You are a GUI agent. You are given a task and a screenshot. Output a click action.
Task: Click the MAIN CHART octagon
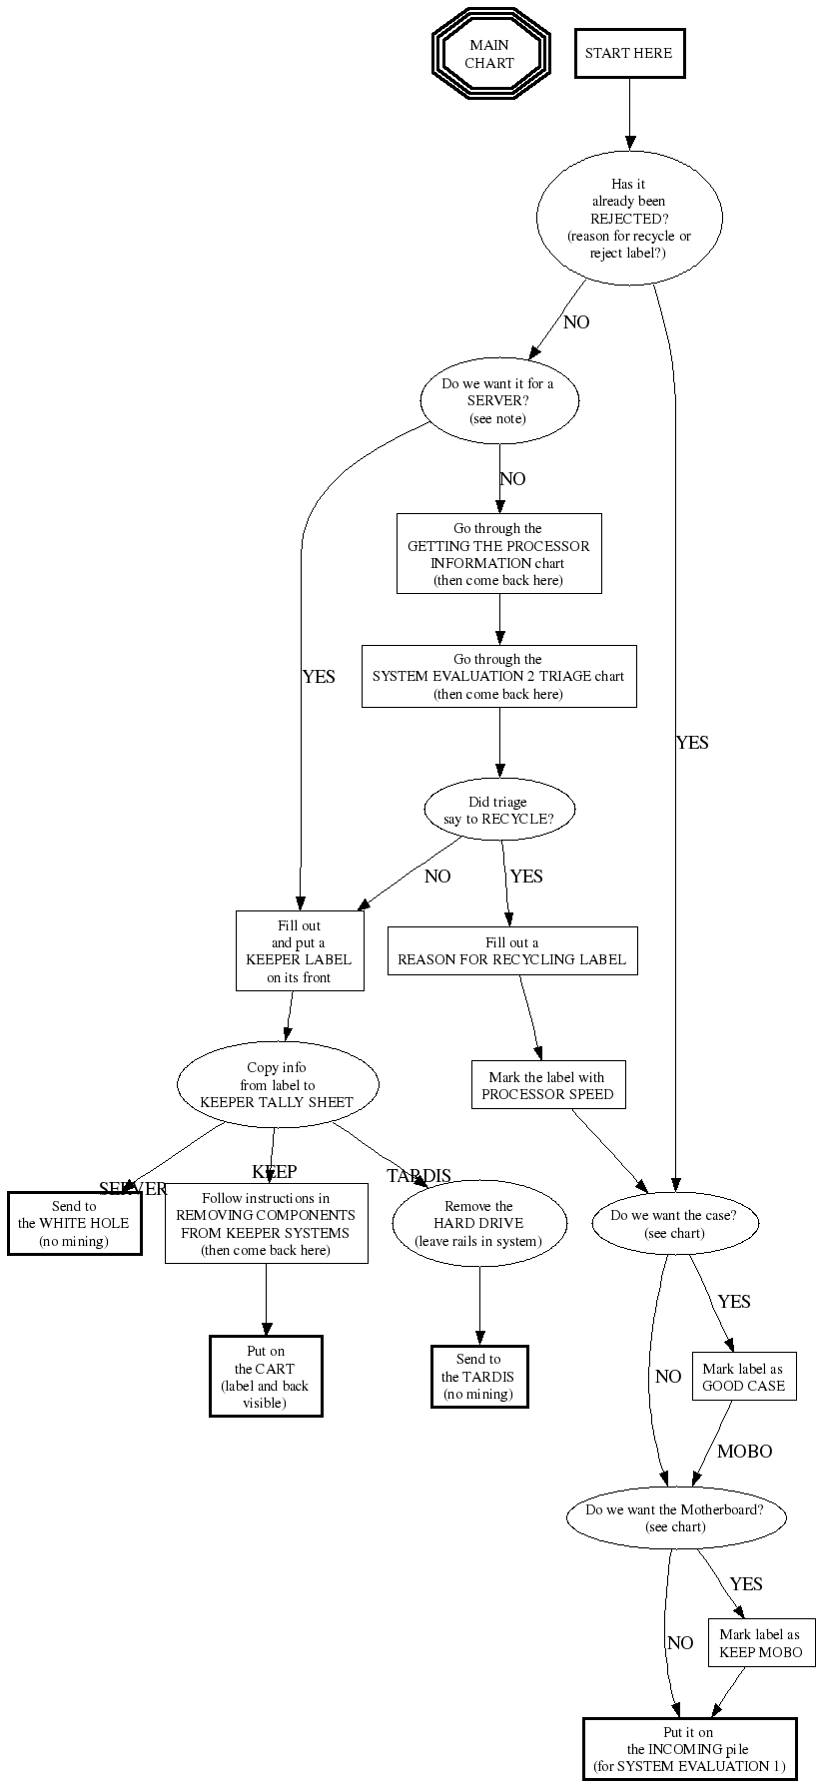point(490,53)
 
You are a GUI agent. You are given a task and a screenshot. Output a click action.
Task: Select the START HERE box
point(629,53)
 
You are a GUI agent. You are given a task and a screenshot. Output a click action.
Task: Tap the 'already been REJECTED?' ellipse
point(628,218)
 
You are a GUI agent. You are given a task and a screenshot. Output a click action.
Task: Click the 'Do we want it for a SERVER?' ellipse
point(499,400)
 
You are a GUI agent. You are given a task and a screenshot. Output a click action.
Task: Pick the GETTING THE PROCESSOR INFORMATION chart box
point(498,554)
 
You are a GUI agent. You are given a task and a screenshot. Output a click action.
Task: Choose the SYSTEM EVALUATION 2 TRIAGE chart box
point(498,676)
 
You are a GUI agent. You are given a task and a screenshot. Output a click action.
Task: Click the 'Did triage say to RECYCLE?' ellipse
point(499,810)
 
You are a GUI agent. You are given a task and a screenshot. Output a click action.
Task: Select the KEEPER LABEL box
point(300,950)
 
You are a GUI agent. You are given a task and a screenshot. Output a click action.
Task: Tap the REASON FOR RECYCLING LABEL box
point(512,950)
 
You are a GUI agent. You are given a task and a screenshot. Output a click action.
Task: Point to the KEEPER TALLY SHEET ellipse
point(278,1084)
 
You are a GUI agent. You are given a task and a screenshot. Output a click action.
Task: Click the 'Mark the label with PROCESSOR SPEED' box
point(547,1085)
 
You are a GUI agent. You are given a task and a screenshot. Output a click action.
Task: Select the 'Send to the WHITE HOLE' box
point(74,1223)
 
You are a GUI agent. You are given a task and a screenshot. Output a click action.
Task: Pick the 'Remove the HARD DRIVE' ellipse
point(479,1223)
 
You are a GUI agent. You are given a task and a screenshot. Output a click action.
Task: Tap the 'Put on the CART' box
point(266,1376)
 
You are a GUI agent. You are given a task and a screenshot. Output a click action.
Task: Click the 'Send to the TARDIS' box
point(479,1376)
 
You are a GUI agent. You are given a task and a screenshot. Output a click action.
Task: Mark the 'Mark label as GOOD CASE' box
point(744,1377)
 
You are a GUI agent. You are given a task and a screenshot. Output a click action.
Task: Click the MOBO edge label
point(744,1451)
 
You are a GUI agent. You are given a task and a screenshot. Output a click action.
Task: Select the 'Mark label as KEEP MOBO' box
point(761,1643)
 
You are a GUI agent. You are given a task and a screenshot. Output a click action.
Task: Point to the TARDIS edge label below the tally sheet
point(418,1176)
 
